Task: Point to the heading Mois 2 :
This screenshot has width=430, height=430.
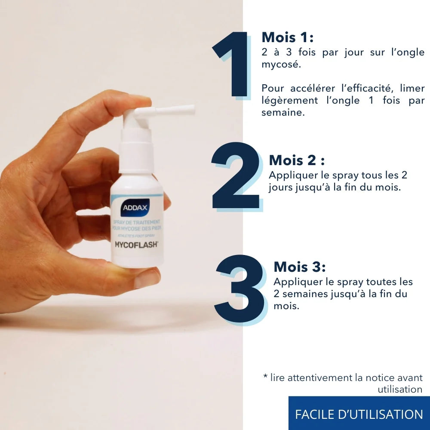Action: click(297, 160)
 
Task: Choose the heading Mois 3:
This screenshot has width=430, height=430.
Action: click(300, 267)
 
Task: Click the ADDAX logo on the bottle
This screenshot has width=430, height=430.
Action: click(135, 207)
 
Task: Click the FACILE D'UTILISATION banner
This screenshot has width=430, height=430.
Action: click(359, 414)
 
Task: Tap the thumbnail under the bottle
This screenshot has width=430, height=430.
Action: click(147, 279)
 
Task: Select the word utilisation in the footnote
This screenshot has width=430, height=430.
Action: click(400, 390)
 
